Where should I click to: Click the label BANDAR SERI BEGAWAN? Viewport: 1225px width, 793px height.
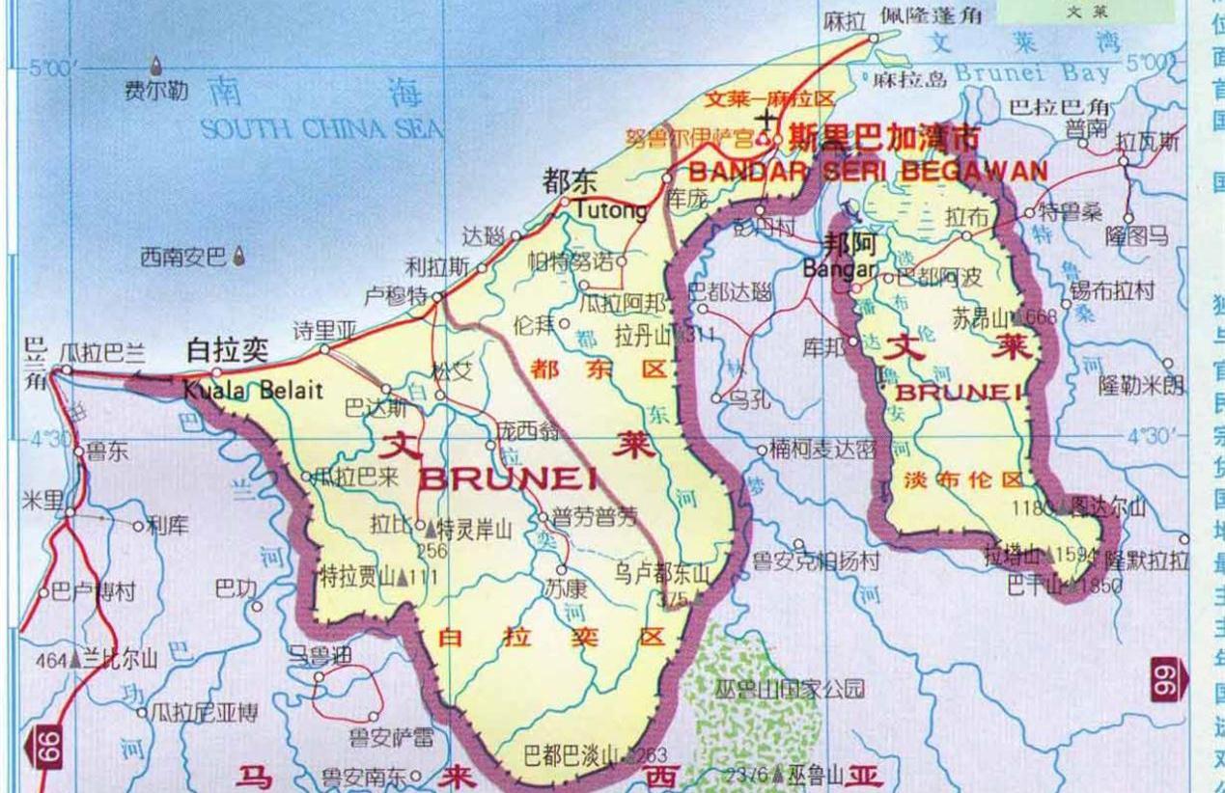pos(866,172)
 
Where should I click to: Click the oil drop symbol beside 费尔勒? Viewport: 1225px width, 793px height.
pos(157,67)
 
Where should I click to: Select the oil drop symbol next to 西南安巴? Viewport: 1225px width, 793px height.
pos(239,257)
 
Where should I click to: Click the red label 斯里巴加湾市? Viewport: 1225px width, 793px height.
pos(883,138)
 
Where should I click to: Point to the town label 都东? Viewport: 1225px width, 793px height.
pos(571,181)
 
